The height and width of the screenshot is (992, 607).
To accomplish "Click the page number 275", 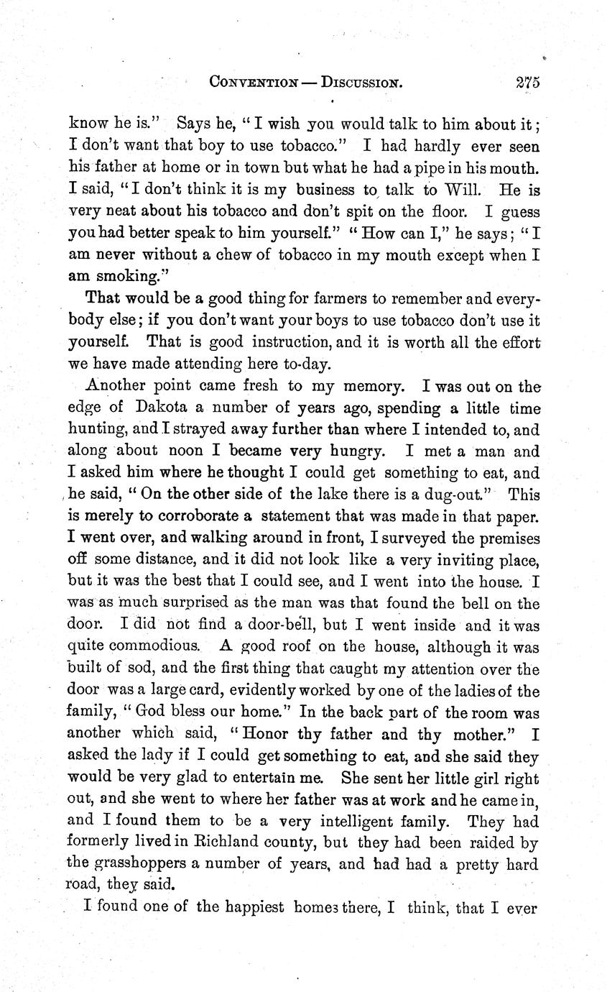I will tap(527, 82).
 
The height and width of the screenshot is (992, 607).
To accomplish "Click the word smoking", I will tap(114, 256).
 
